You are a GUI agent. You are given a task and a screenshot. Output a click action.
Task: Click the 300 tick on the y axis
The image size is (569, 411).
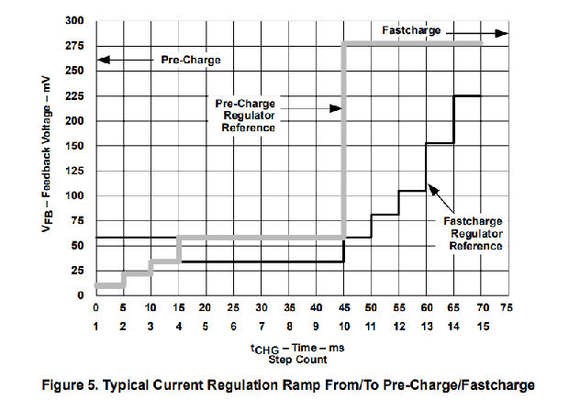(x=76, y=20)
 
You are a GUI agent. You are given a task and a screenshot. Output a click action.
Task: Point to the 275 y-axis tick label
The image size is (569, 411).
(x=76, y=45)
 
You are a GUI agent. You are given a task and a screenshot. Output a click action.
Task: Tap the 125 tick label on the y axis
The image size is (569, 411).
(x=76, y=171)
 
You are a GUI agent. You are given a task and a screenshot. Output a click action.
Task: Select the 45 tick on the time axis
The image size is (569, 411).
(x=343, y=307)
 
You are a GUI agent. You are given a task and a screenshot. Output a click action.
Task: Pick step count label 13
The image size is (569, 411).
(x=426, y=327)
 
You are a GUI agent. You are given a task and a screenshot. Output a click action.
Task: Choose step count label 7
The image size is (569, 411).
(x=262, y=327)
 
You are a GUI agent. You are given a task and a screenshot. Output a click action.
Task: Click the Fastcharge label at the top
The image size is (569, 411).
(x=410, y=31)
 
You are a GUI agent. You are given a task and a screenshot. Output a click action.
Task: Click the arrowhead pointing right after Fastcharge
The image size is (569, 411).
(x=501, y=32)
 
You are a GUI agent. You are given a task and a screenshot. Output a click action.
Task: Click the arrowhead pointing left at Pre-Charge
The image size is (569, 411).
(x=102, y=61)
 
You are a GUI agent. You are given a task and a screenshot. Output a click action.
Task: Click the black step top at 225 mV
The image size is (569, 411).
(x=467, y=95)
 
